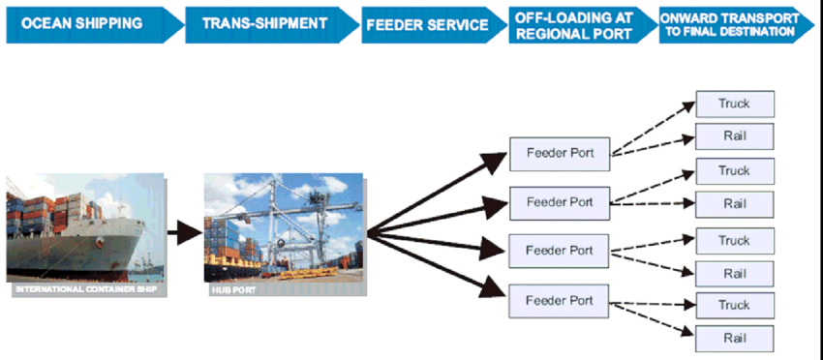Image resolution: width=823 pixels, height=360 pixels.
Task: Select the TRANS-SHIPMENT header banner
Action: [x=261, y=24]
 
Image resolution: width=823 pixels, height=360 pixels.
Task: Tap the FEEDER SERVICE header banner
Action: [x=426, y=24]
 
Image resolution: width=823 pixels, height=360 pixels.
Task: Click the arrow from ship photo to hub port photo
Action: [x=183, y=231]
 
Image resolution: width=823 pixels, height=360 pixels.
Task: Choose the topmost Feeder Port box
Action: [x=559, y=153]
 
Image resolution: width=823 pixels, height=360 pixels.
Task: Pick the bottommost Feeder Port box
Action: [x=559, y=300]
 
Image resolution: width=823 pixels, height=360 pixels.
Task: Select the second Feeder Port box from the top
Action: [x=559, y=201]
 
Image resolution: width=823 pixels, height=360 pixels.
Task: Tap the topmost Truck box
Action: [x=734, y=104]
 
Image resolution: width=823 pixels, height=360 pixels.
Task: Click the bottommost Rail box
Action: [x=734, y=338]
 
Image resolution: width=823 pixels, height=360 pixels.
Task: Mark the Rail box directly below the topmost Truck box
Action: [x=734, y=135]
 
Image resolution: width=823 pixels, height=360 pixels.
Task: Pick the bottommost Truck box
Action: [x=734, y=306]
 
